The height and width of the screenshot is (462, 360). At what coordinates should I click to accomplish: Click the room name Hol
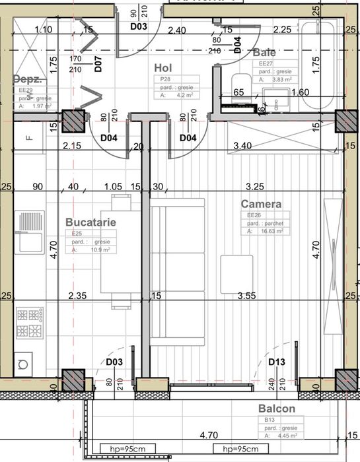point(163,68)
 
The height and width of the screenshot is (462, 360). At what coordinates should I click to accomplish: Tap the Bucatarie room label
point(90,222)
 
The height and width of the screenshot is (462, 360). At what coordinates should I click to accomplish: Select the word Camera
point(260,204)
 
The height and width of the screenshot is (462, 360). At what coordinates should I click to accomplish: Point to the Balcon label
point(276,409)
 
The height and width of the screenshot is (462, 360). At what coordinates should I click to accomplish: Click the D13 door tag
point(277,362)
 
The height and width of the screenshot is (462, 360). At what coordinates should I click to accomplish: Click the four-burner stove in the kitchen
point(30,322)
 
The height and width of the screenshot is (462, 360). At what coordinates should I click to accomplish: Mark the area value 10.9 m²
point(102,250)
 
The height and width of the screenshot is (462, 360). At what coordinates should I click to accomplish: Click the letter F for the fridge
point(29,138)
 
